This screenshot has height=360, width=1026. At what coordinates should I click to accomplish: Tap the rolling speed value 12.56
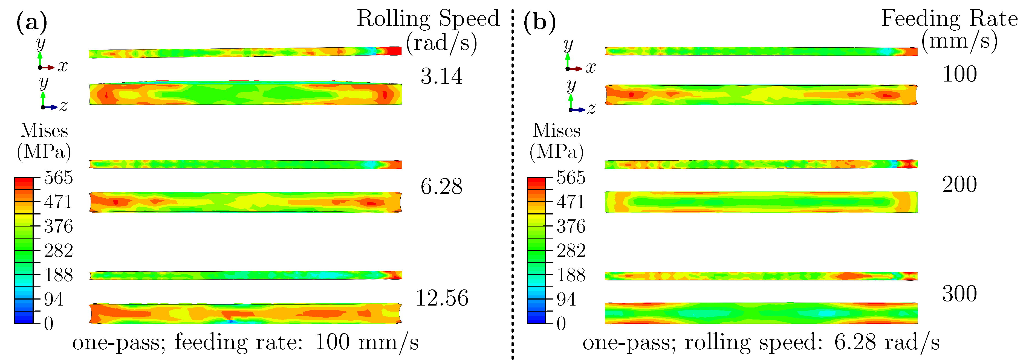click(x=441, y=298)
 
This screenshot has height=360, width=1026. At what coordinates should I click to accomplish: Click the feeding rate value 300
click(x=959, y=294)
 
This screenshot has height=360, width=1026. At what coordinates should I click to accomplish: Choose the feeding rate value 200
click(x=959, y=184)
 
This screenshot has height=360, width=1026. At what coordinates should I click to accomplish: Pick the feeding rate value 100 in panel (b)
click(x=959, y=74)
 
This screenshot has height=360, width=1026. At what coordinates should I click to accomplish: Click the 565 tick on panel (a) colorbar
click(x=58, y=178)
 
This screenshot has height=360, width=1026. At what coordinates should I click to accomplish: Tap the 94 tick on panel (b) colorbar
click(x=566, y=299)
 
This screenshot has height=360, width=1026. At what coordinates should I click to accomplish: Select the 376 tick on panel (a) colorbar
click(x=58, y=226)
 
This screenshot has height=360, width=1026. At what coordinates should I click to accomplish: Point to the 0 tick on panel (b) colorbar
click(x=561, y=323)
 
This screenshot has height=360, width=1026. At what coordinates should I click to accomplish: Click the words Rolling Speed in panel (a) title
click(x=428, y=18)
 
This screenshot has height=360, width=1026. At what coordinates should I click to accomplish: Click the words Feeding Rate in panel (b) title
click(x=949, y=18)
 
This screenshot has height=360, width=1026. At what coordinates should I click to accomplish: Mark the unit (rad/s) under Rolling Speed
click(x=441, y=43)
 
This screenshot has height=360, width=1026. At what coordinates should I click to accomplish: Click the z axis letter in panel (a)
click(x=63, y=106)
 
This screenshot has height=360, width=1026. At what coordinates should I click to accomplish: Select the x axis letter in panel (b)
click(x=590, y=68)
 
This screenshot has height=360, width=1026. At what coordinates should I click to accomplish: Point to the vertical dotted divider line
click(x=513, y=179)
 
